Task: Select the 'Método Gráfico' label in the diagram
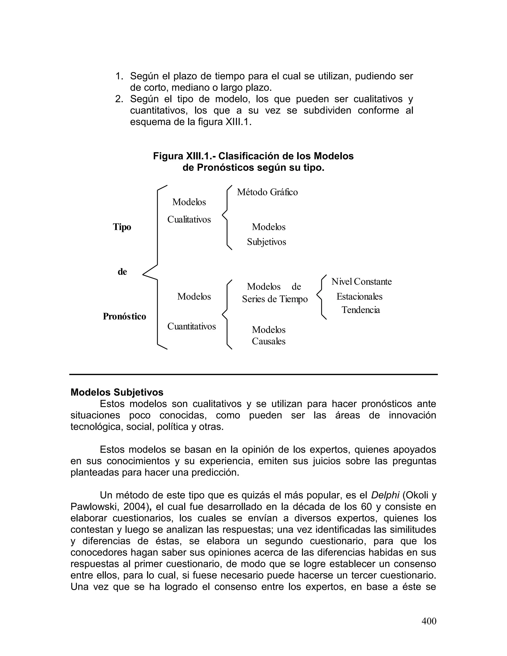coord(267,192)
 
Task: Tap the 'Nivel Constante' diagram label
coord(361,282)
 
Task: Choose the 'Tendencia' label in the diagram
coord(360,310)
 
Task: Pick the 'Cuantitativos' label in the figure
coord(191,326)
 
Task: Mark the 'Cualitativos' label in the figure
coord(189,220)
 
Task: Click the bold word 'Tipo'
coord(122,227)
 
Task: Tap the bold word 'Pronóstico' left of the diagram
coord(124,316)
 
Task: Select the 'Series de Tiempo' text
coord(275,299)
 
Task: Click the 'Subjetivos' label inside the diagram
coord(266,242)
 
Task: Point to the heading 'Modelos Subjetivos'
coord(117,392)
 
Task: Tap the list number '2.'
coord(119,99)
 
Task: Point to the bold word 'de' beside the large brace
coord(122,272)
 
